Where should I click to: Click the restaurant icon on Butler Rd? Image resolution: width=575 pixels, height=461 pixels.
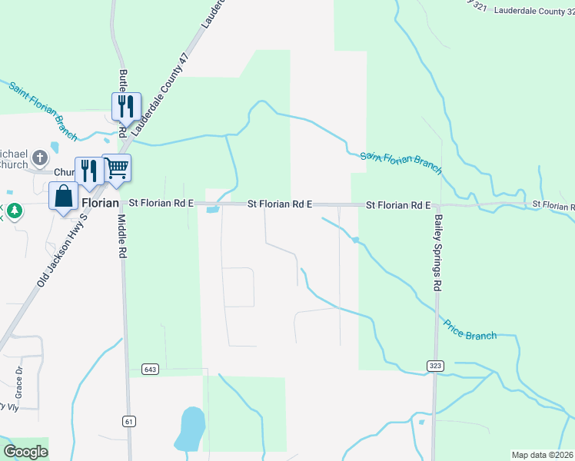click(x=124, y=105)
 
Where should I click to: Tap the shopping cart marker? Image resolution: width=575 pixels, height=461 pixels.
click(x=116, y=167)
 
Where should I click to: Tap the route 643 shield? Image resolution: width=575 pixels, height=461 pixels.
click(x=150, y=370)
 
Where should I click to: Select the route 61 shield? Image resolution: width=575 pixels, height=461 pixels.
click(x=128, y=421)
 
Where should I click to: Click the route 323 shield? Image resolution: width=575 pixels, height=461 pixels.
click(x=435, y=365)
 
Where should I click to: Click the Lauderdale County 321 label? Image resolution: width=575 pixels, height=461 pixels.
click(x=530, y=10)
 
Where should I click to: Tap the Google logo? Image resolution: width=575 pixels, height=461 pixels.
click(x=26, y=452)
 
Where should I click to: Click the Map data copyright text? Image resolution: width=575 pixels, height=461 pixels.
click(x=543, y=455)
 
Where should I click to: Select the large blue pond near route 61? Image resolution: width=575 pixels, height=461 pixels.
click(x=191, y=429)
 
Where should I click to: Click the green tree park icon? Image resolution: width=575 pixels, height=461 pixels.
click(x=15, y=211)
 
